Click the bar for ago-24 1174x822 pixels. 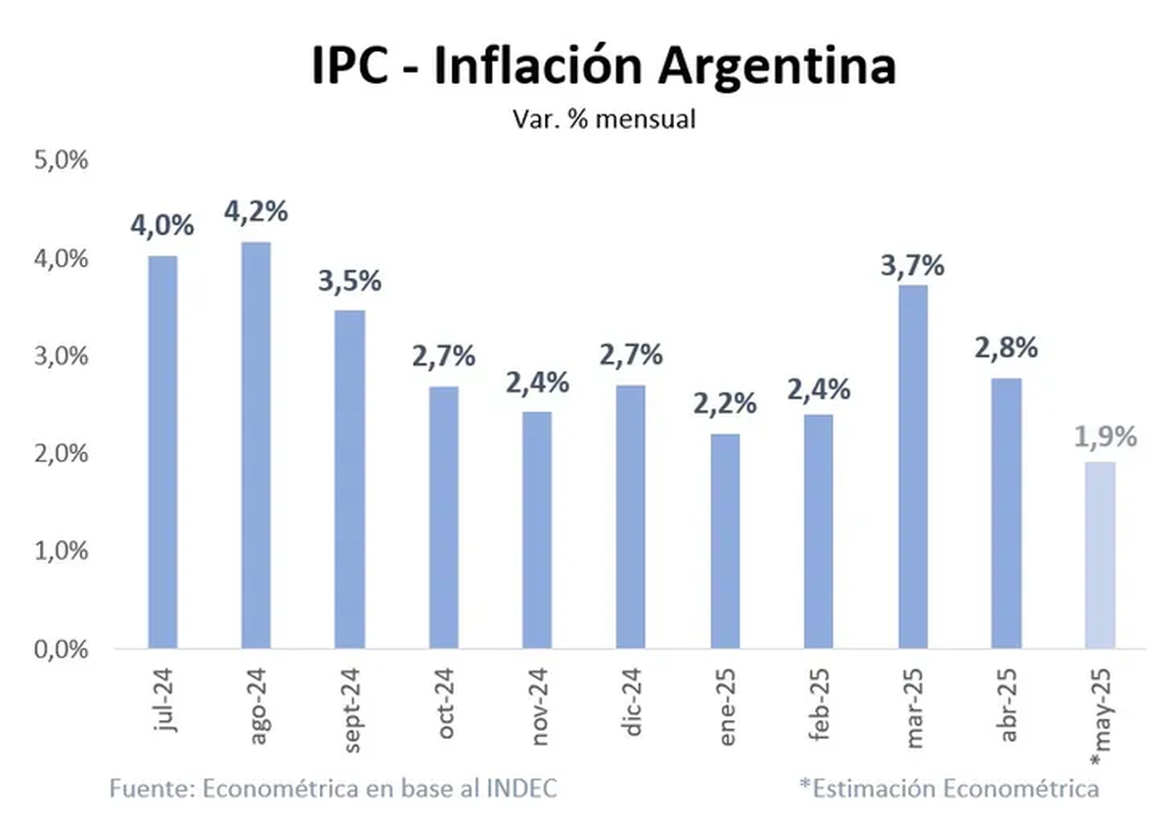coord(255,445)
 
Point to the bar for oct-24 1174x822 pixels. coord(443,518)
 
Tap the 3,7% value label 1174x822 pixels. coord(912,264)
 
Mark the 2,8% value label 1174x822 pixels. coord(1006,347)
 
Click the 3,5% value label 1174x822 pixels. coord(349,282)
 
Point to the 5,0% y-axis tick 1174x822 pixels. coord(61,160)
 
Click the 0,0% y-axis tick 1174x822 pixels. coord(61,649)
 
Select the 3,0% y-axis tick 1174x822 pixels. coord(61,355)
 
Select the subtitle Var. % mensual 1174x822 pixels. coord(603,119)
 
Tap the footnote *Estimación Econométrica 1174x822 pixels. coord(948,788)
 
